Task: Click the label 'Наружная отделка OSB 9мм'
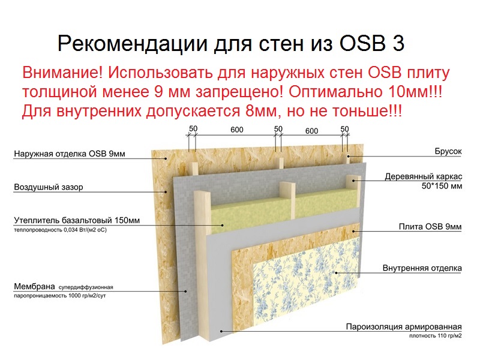[70, 154]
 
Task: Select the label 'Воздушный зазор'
[49, 187]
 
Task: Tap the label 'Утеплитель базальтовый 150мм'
[77, 220]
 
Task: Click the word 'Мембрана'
[34, 287]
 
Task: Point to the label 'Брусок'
[448, 151]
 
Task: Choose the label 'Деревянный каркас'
[424, 176]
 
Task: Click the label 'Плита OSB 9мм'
[430, 227]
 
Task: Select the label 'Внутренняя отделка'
[422, 268]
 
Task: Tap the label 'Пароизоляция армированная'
[404, 326]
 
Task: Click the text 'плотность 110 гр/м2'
[436, 336]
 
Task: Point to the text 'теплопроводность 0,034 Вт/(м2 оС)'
[60, 230]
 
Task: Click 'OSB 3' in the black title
[371, 43]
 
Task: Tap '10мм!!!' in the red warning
[415, 92]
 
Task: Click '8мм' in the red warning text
[261, 110]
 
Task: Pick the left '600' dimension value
[236, 130]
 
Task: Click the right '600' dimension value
[311, 131]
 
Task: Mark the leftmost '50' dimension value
[193, 129]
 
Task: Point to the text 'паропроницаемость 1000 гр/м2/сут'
[59, 296]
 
